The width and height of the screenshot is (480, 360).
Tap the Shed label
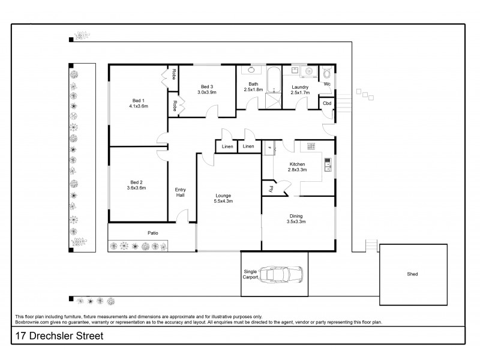click(412, 274)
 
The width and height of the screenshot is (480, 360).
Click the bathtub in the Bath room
click(273, 82)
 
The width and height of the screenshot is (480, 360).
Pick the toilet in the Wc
click(327, 74)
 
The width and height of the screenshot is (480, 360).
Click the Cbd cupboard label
click(327, 103)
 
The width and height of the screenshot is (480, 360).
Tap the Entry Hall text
click(180, 192)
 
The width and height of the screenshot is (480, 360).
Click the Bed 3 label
click(208, 88)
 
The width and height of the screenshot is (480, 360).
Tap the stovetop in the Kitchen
click(311, 146)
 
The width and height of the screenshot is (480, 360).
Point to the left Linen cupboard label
click(227, 146)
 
